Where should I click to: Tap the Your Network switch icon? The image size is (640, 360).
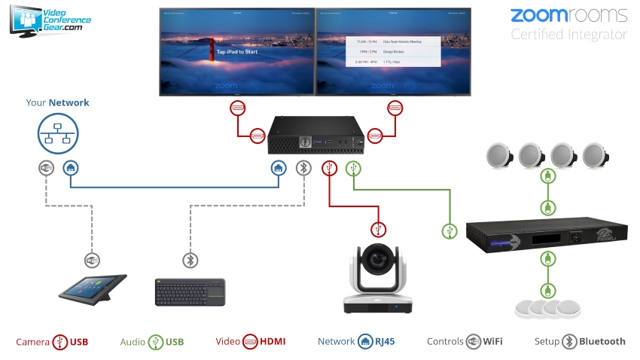click(x=58, y=135)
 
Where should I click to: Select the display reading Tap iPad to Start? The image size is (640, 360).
click(x=236, y=52)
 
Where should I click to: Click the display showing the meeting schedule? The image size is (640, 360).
click(x=393, y=52)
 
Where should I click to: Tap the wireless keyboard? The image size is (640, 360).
click(x=190, y=291)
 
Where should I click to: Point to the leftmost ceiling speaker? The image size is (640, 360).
click(x=499, y=154)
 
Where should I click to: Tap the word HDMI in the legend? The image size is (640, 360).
click(x=273, y=342)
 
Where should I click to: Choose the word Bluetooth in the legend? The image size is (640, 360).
click(x=602, y=342)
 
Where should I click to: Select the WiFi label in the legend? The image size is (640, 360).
click(x=492, y=342)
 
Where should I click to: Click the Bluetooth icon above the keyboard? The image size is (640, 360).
click(x=190, y=261)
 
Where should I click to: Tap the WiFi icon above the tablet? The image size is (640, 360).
click(x=92, y=261)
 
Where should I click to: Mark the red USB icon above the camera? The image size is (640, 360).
click(x=378, y=230)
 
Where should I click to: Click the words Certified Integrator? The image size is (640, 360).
click(x=568, y=34)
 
